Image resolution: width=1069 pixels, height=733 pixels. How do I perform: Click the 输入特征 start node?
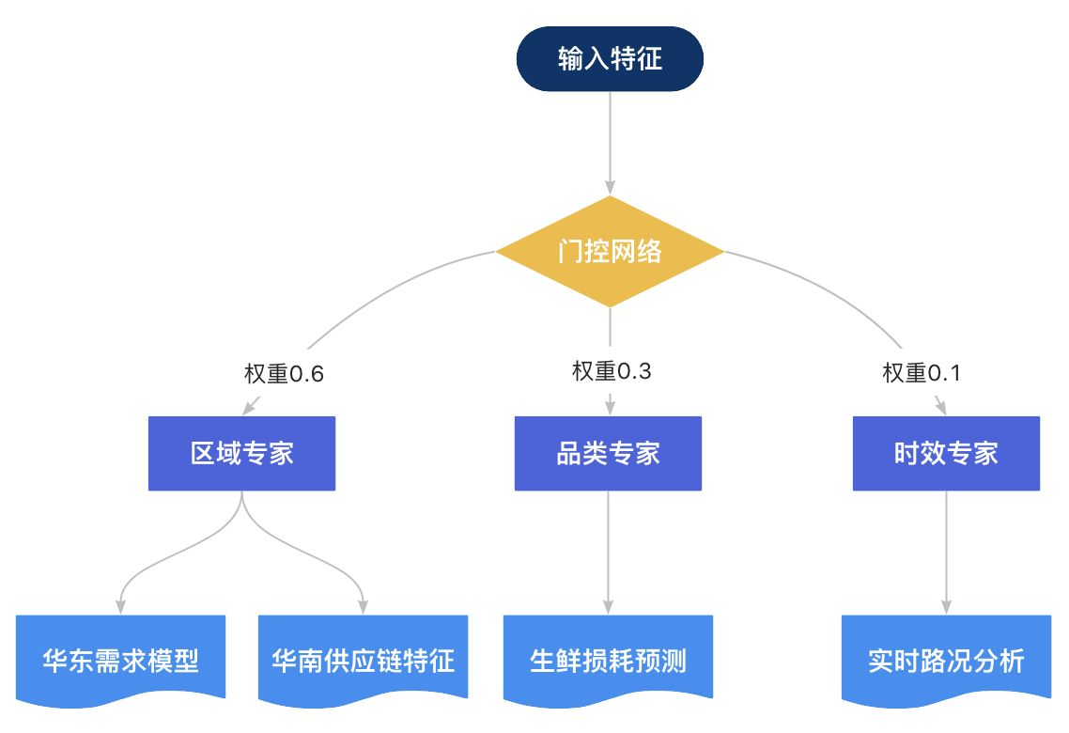[610, 58]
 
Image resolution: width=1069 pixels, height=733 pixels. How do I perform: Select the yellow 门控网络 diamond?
[610, 252]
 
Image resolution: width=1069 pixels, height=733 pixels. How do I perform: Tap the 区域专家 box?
[242, 454]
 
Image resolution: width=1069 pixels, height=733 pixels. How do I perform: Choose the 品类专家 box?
[608, 454]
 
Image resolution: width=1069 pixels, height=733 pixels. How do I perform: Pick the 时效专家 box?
[946, 454]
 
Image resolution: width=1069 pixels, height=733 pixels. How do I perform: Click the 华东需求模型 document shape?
[120, 660]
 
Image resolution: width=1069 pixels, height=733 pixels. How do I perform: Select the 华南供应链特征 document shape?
[364, 660]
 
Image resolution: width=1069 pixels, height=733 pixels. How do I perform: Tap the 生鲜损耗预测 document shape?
[608, 660]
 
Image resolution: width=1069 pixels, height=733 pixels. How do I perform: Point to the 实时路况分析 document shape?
[946, 660]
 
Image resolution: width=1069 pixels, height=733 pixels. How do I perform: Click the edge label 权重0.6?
[284, 374]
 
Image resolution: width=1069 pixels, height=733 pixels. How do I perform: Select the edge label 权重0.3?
[612, 371]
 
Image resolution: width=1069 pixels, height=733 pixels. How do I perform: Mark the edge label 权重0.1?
[922, 372]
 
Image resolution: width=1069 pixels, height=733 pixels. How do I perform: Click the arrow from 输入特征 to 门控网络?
[610, 143]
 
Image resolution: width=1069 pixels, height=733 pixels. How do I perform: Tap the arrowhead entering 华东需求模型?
[120, 607]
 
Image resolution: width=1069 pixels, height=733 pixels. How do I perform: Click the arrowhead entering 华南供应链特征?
[364, 607]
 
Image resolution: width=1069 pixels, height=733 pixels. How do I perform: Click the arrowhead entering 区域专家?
[250, 407]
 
